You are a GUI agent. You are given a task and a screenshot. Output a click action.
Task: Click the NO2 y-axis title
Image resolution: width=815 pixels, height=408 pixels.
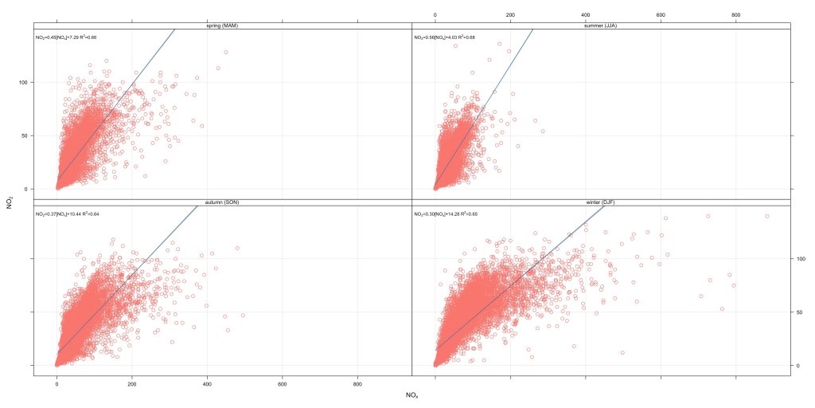[10, 203]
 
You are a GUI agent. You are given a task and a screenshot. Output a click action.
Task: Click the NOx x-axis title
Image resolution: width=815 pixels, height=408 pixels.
[412, 395]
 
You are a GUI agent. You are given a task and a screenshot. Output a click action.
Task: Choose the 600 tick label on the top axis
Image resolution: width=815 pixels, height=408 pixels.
[660, 14]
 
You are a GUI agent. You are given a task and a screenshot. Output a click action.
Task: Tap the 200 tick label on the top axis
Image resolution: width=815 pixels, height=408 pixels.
[509, 14]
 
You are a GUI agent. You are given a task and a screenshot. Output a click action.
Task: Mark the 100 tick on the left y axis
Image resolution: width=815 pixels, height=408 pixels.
[25, 82]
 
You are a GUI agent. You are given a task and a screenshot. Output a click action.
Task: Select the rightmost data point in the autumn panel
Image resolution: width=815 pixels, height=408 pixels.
[243, 316]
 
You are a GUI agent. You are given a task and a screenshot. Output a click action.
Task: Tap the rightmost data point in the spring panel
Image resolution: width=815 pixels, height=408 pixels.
[226, 53]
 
